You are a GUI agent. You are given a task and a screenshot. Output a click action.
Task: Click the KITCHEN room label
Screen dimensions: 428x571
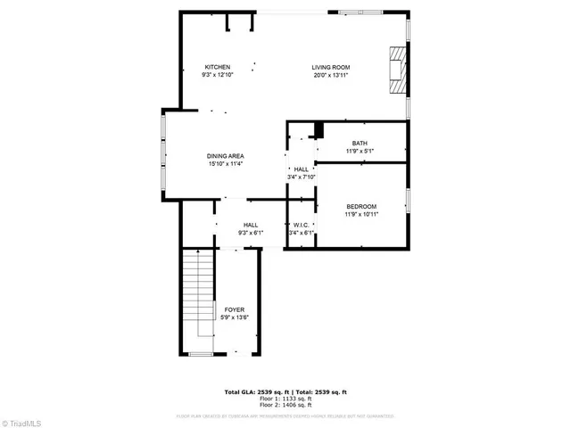pos(218,67)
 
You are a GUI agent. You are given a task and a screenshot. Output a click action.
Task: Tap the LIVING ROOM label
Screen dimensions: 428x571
pos(330,67)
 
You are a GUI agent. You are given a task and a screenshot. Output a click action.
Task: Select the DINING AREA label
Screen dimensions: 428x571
pos(226,156)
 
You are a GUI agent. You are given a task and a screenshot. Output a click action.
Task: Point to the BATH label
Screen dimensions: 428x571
pos(360,144)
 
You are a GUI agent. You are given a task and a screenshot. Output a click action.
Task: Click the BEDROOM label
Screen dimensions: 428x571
pos(361,206)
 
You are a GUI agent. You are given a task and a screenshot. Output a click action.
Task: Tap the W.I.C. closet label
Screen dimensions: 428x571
pos(301,226)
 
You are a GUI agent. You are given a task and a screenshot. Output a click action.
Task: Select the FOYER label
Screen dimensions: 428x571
pos(234,309)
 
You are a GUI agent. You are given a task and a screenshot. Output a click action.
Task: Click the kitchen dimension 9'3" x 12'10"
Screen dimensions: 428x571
pos(218,75)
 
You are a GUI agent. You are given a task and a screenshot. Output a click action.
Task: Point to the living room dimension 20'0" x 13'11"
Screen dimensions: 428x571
pos(330,75)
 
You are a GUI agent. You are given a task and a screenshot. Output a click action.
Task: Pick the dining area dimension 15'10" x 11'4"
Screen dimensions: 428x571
pos(226,164)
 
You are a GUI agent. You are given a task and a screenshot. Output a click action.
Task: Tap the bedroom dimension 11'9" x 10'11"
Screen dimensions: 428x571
pos(361,214)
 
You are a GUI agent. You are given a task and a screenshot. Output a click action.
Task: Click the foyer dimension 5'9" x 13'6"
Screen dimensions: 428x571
pos(234,317)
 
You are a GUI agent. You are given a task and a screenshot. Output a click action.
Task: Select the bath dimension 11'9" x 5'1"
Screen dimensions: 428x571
pos(360,152)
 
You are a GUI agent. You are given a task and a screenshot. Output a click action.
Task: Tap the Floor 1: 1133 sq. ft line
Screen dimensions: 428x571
pos(285,399)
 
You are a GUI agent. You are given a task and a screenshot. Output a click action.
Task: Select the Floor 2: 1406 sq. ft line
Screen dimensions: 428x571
pos(285,406)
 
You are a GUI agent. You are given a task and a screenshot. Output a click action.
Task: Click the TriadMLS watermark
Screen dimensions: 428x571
pos(21,421)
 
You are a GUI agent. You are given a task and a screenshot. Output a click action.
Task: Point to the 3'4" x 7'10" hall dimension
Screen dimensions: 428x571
pos(302,177)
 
